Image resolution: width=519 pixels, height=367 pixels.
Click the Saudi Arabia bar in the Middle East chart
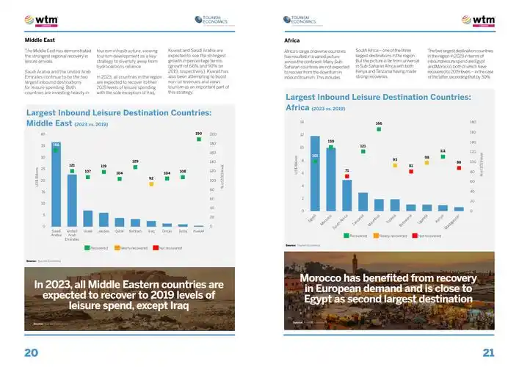56,185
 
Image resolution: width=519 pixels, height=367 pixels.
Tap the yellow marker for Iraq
151,184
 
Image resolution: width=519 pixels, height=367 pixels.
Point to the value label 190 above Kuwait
198,134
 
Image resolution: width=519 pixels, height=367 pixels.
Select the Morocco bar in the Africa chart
331,180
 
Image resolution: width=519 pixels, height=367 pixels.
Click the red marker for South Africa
346,177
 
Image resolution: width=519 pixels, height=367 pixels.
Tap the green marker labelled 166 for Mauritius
379,129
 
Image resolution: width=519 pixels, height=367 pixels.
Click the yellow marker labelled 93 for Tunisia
395,165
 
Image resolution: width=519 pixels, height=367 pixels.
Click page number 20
31,352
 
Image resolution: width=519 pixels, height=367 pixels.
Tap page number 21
487,352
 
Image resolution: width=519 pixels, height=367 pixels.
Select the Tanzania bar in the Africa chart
363,202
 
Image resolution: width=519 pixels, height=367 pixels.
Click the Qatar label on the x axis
119,230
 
